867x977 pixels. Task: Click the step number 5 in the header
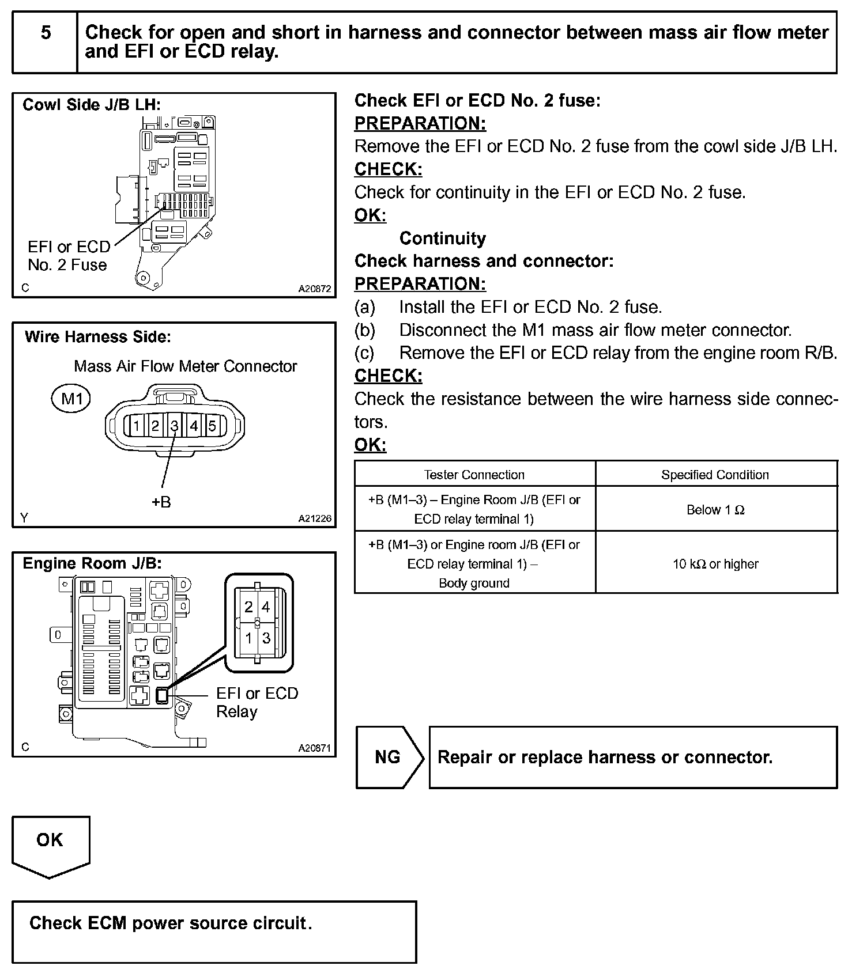point(46,33)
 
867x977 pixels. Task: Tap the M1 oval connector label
point(71,399)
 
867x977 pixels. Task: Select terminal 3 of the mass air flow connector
point(174,426)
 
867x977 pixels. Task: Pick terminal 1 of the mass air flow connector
point(135,426)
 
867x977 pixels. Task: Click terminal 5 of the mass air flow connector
point(212,426)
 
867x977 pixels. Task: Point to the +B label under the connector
point(161,502)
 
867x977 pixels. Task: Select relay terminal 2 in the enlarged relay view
point(248,607)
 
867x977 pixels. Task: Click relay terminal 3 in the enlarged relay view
point(266,638)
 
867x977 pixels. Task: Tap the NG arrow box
point(389,757)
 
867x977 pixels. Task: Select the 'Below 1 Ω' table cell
point(715,510)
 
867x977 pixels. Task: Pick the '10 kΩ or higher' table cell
point(715,564)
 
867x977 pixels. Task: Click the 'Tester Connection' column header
point(474,475)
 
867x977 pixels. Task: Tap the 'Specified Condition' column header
point(715,475)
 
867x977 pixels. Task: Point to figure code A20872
point(315,289)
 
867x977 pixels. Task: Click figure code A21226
point(315,518)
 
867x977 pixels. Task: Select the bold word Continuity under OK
point(442,238)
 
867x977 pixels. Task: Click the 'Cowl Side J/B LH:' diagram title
point(92,105)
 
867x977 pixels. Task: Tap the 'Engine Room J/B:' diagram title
point(92,563)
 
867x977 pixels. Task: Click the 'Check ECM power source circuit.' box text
point(171,923)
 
